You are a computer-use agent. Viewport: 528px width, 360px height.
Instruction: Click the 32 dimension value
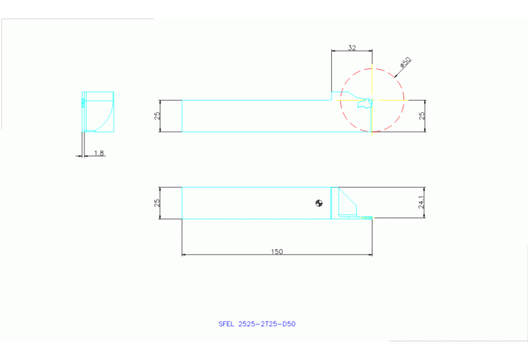pyautogui.click(x=352, y=47)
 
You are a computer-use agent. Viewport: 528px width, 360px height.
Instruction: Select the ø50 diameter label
pyautogui.click(x=405, y=63)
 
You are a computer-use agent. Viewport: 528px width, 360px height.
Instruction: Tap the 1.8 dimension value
pyautogui.click(x=99, y=153)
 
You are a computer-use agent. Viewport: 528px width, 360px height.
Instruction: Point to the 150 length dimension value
pyautogui.click(x=277, y=251)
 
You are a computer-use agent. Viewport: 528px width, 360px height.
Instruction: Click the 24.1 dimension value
pyautogui.click(x=421, y=202)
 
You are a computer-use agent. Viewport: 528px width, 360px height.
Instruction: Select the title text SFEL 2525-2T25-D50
pyautogui.click(x=257, y=324)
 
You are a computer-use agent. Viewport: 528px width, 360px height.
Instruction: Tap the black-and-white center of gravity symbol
pyautogui.click(x=319, y=202)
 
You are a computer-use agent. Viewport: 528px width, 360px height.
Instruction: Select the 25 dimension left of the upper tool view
pyautogui.click(x=156, y=116)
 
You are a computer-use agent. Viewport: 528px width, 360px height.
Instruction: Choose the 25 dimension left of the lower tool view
pyautogui.click(x=156, y=203)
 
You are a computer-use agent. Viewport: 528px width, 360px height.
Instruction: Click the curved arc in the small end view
pyautogui.click(x=105, y=117)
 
